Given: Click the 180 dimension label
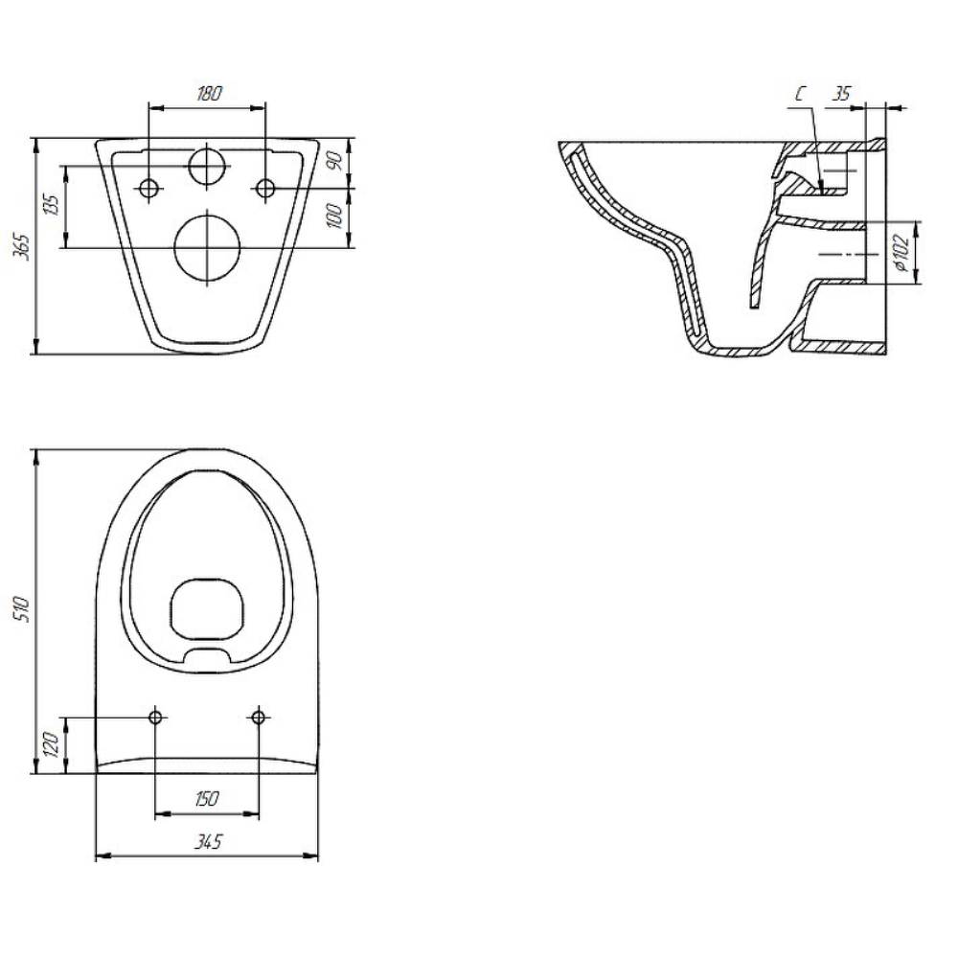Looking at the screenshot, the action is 209,94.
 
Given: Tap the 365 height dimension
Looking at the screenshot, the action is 22,246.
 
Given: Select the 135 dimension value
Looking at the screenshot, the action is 52,205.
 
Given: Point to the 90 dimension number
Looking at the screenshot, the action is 334,161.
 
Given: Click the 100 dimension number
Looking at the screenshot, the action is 334,217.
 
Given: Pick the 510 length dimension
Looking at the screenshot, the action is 22,609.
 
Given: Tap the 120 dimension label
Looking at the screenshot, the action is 52,744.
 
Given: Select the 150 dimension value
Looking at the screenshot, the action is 207,799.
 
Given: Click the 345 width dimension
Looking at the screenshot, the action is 208,842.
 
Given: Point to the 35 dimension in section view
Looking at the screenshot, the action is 842,94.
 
